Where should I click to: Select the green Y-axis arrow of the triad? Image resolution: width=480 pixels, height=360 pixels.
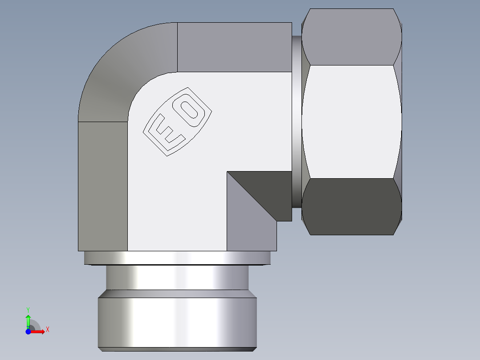click(28, 320)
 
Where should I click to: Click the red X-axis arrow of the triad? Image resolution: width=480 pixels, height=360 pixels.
click(38, 331)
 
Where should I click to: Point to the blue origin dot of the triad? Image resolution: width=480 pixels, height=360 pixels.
click(28, 331)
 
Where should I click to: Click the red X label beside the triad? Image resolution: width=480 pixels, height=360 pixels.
click(47, 330)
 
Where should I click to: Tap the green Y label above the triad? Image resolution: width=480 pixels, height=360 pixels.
click(28, 309)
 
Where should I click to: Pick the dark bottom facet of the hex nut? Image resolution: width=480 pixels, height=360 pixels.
click(351, 206)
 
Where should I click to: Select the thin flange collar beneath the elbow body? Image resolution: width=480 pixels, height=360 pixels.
click(177, 258)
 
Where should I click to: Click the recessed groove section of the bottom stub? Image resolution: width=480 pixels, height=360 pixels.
click(177, 278)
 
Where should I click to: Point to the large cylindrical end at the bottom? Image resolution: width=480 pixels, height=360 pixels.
click(177, 318)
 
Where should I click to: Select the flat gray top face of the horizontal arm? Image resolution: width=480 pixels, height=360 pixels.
click(234, 47)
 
